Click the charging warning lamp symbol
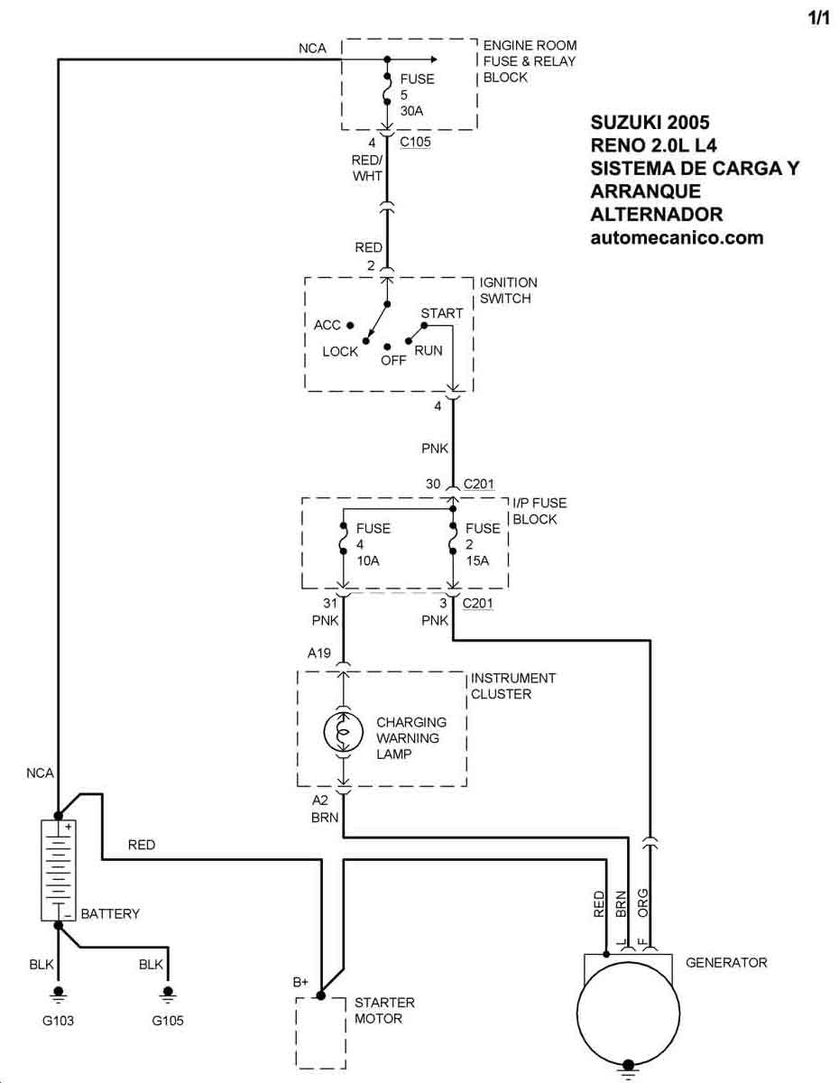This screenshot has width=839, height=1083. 344,732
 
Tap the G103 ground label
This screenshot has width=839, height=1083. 58,1020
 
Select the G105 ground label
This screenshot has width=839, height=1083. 168,1020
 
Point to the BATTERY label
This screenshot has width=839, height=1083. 110,913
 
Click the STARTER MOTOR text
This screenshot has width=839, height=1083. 384,1010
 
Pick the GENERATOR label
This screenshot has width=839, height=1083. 726,962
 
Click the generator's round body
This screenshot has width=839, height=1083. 628,1013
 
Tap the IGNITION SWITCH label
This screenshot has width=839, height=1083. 508,290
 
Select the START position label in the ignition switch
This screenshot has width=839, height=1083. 441,313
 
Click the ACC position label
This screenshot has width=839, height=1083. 327,325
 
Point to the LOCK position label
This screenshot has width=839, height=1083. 340,351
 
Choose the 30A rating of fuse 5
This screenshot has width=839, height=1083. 411,111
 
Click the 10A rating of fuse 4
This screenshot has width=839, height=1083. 368,560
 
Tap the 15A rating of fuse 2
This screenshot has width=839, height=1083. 477,560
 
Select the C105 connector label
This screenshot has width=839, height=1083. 415,142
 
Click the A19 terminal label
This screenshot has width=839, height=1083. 318,653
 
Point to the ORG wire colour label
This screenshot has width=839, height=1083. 642,902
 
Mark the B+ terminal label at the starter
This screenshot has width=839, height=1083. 300,982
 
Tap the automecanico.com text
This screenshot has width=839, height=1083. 677,237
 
